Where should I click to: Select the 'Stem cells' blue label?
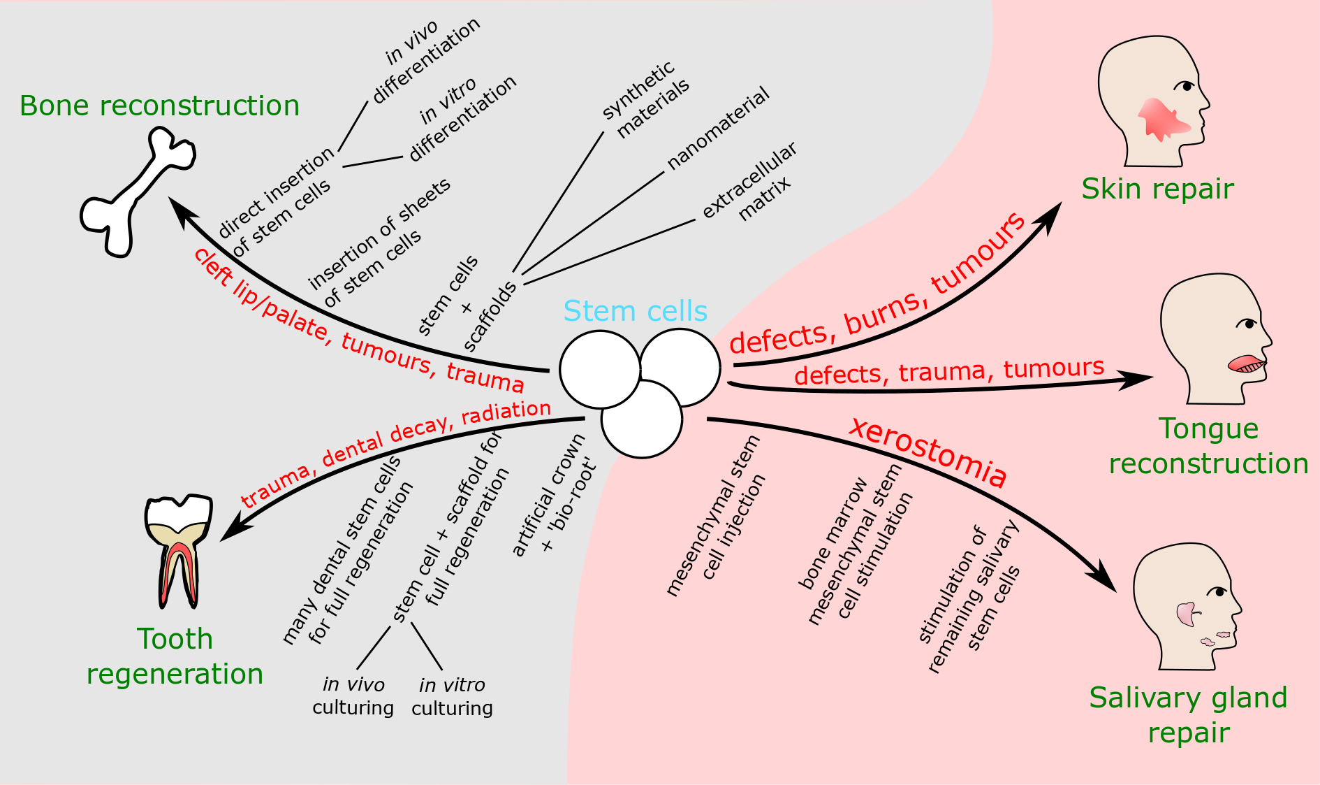(x=635, y=311)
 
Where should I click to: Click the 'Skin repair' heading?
(x=1157, y=189)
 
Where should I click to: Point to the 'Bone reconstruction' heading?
(x=159, y=106)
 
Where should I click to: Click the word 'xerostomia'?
(x=928, y=452)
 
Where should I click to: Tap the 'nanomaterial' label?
(x=717, y=129)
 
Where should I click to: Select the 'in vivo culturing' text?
(x=353, y=696)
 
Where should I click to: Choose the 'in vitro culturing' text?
(x=452, y=696)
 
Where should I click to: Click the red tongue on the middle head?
(x=1245, y=363)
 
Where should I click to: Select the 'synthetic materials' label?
(x=646, y=99)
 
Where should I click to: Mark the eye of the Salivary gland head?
(x=1219, y=591)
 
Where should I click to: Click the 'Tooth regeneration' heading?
(x=175, y=656)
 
